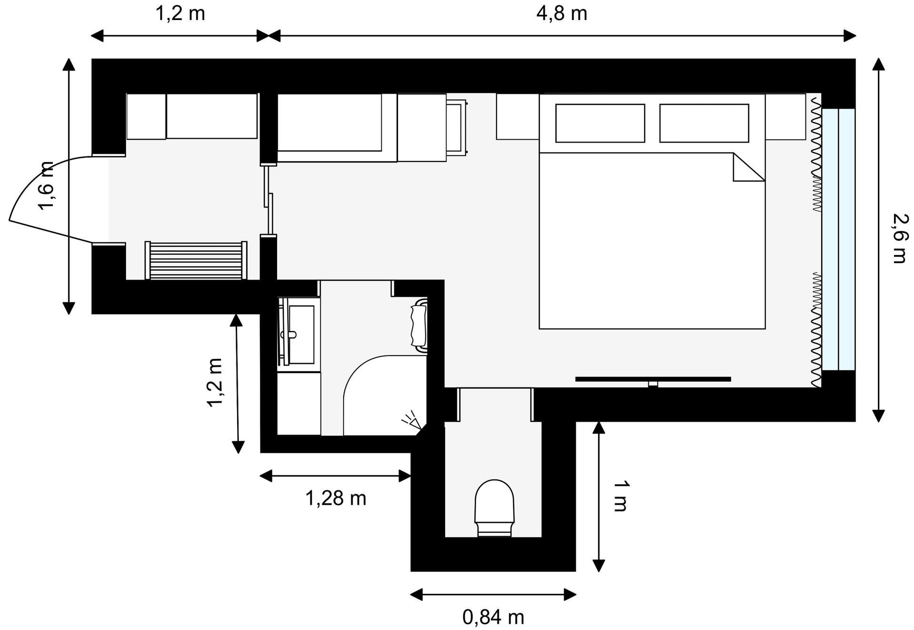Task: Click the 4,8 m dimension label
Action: [x=561, y=14]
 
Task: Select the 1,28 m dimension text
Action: [x=336, y=498]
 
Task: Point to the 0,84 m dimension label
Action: [x=493, y=617]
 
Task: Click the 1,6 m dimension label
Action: [x=47, y=186]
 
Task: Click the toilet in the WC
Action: [x=495, y=508]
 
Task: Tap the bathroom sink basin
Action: [x=298, y=334]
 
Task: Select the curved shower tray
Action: [x=385, y=395]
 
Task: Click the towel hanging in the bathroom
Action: [x=419, y=325]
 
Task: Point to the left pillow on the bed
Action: [x=600, y=123]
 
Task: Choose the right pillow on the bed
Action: [x=704, y=123]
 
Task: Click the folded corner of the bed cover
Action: [x=749, y=167]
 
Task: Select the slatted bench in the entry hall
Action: [x=196, y=260]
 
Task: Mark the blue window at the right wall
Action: [x=838, y=239]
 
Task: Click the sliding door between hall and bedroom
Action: [x=269, y=200]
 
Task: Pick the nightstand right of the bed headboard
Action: [x=785, y=117]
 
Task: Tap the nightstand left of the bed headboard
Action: [x=518, y=117]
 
